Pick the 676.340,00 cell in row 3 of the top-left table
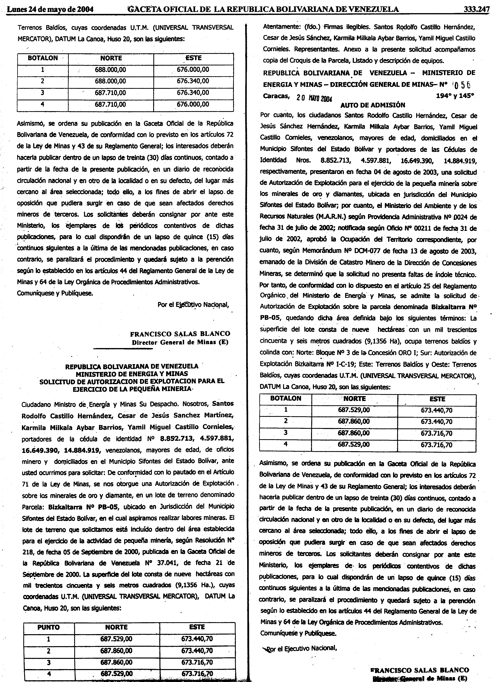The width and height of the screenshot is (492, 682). point(193,93)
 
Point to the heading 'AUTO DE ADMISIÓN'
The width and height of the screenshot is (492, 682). point(373,105)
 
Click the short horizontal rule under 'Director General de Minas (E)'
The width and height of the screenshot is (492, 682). point(123,348)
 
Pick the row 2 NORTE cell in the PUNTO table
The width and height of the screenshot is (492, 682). point(116,650)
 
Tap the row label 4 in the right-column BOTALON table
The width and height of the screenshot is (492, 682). point(286,444)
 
